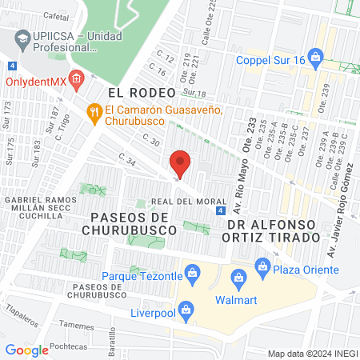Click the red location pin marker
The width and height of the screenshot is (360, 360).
181,164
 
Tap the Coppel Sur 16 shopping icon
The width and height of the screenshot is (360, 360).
318,57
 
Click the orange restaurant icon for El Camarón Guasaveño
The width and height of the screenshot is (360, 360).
95,112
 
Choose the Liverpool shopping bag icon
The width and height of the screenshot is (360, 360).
186,309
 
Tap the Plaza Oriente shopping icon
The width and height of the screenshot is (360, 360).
262,266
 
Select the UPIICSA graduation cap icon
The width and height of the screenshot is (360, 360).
22,37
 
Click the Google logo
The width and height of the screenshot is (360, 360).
27,350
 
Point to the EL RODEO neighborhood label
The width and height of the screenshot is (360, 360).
118,94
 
